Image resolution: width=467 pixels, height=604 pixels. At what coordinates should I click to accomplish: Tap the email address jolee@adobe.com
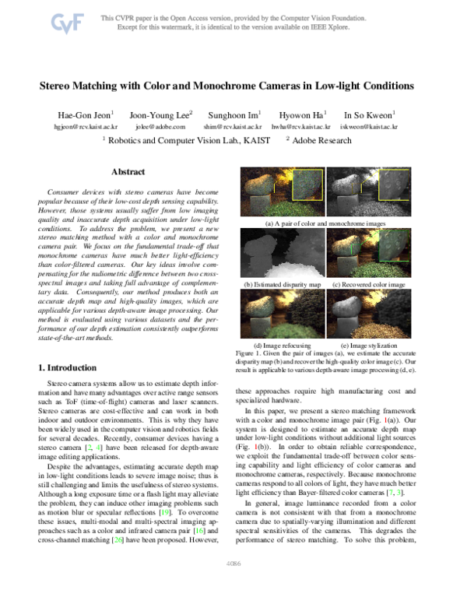click(167, 125)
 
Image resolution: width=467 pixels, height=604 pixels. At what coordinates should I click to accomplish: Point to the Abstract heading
click(128, 171)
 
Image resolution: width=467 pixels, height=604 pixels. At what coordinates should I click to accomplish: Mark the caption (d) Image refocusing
click(283, 345)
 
